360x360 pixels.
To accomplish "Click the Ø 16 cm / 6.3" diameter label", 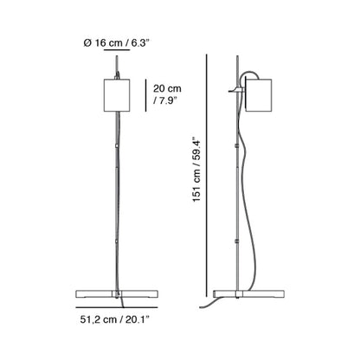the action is click(117, 43).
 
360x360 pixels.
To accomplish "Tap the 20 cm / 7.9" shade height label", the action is click(167, 94).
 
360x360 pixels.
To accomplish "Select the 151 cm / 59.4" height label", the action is click(196, 170).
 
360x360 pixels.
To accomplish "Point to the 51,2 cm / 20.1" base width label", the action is click(115, 319).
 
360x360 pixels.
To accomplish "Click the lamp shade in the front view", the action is click(117, 95).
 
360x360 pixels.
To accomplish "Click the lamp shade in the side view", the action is click(258, 95).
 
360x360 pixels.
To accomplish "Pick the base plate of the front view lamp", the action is click(117, 294).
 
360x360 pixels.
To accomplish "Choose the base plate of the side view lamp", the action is click(248, 294).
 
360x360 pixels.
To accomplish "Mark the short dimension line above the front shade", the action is click(117, 50).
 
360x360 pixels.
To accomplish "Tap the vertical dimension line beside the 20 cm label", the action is click(146, 95).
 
